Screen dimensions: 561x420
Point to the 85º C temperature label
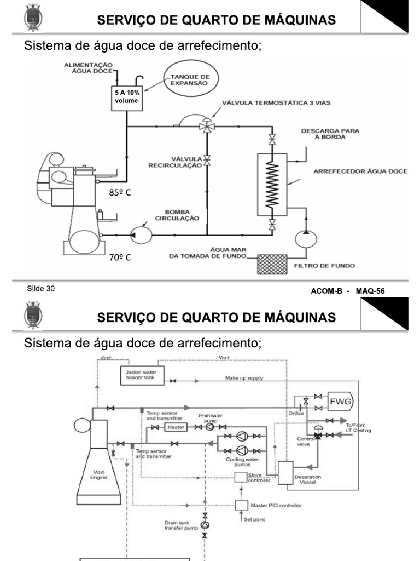[120, 193]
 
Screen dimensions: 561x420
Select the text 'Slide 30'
[40, 289]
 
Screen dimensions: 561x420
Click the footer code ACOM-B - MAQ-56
[348, 291]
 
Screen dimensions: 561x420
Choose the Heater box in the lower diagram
[176, 427]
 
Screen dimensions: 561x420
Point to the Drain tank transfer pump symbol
[205, 525]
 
